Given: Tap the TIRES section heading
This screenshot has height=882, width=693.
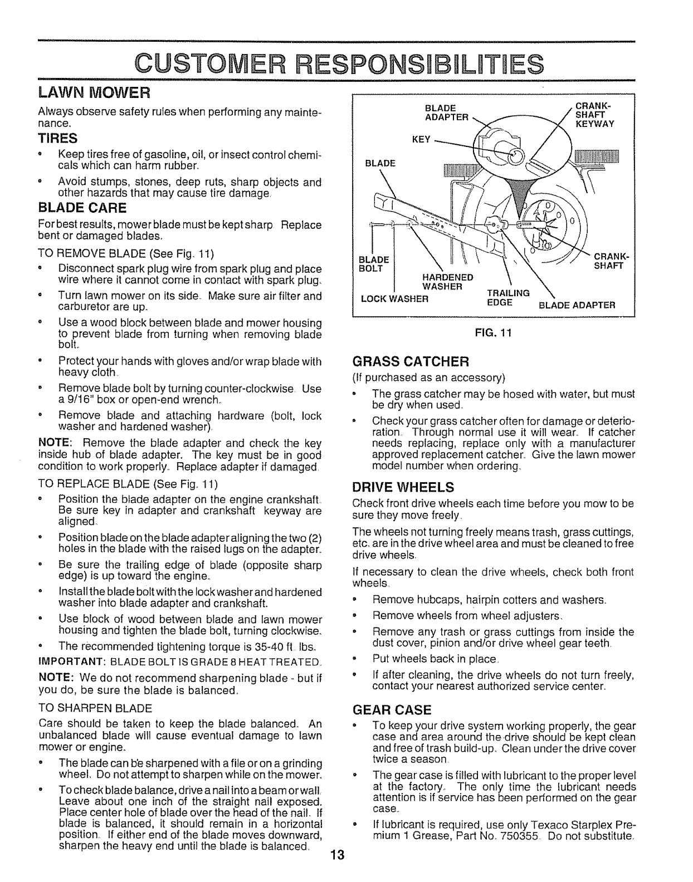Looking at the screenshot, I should (57, 138).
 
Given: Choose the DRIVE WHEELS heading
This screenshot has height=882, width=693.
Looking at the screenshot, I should (403, 488).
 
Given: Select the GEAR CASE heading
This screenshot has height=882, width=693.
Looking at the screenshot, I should (392, 710).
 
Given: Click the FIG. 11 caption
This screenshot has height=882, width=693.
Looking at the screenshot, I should (492, 333).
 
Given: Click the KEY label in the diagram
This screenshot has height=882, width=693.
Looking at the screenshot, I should (420, 140).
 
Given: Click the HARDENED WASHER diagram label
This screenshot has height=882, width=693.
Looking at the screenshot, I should (448, 282).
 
